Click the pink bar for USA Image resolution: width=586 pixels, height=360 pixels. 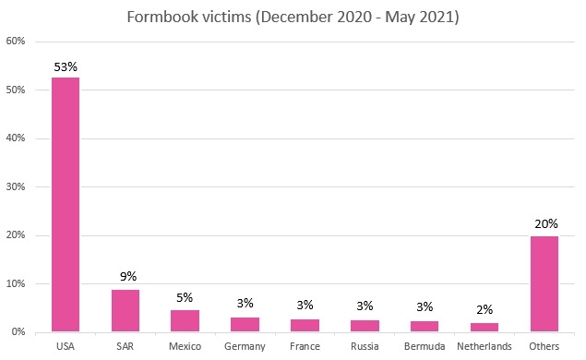point(65,203)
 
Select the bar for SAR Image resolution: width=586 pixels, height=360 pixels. point(125,310)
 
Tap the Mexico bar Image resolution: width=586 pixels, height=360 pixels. point(185,320)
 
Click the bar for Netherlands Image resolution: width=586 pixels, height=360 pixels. point(484,327)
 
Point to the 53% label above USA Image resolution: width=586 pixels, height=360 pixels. point(66,66)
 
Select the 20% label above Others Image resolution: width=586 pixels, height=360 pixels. point(544,223)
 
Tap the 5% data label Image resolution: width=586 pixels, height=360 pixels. point(185,297)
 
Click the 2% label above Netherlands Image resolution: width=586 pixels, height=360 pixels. point(484,310)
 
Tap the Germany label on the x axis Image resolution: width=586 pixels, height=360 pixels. point(245,347)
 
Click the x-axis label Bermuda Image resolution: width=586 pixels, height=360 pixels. point(425,347)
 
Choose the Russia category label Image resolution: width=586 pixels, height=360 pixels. point(365,347)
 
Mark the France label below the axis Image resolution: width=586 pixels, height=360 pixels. point(305,347)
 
